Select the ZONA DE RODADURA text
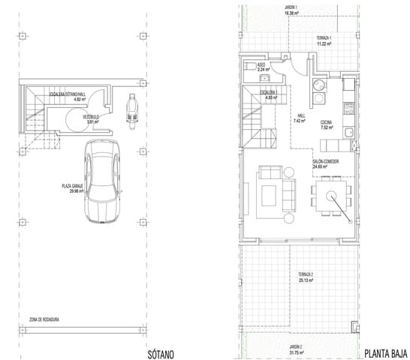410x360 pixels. pos(44,319)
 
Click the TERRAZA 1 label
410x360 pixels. pos(324,38)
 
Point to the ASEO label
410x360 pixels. pos(262,65)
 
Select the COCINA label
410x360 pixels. pos(327,122)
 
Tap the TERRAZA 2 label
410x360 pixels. pos(306,274)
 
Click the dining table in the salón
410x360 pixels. pos(328,196)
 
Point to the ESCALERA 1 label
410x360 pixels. pos(268,91)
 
